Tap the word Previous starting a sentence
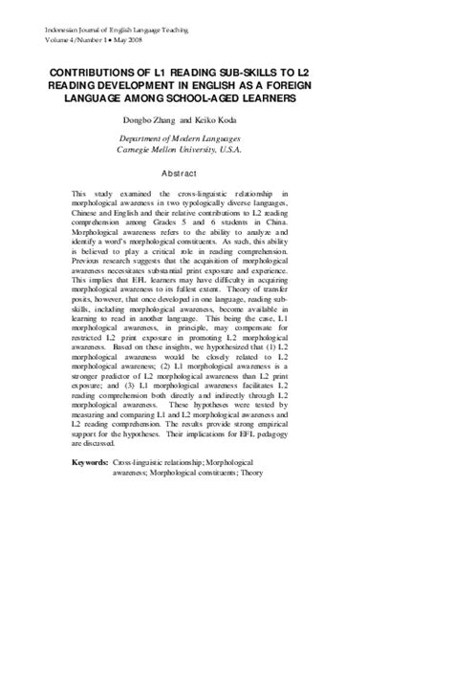tap(93, 276)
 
